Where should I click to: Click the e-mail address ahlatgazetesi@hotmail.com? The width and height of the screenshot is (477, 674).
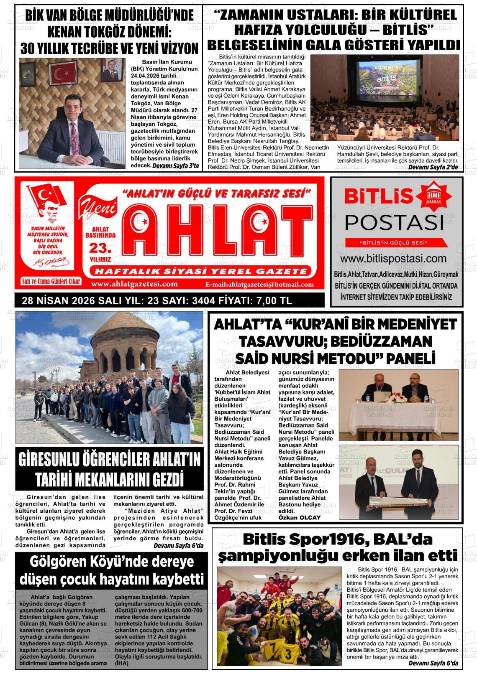tap(259, 285)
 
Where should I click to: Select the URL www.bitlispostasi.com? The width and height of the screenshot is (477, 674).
tap(396, 259)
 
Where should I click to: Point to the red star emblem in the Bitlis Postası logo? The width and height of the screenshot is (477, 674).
tap(438, 196)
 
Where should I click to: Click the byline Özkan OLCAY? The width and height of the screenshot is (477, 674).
tap(299, 517)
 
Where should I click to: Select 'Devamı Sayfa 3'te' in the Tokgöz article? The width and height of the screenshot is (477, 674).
tap(175, 165)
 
